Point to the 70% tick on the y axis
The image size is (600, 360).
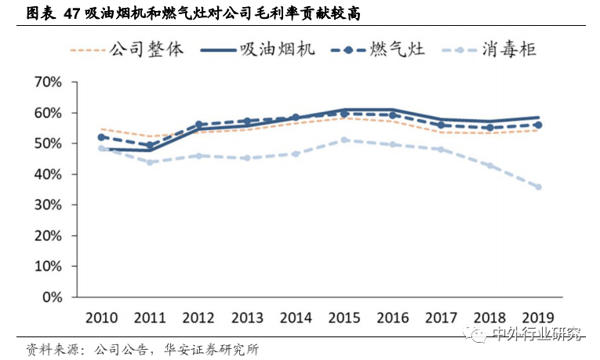point(47,82)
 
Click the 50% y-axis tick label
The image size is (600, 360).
point(47,144)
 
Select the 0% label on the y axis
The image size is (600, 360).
point(51,297)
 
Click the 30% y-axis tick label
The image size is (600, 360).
point(47,205)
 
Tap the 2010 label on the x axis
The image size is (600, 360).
point(101,318)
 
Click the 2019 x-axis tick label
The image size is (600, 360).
point(537,318)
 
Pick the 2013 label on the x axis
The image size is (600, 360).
point(246,318)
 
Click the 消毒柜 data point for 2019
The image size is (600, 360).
point(537,187)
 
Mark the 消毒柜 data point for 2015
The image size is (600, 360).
point(344,140)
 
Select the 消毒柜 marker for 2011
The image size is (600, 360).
point(150,162)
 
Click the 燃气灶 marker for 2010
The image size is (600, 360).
point(101,137)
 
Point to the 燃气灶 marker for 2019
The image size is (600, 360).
point(537,125)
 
